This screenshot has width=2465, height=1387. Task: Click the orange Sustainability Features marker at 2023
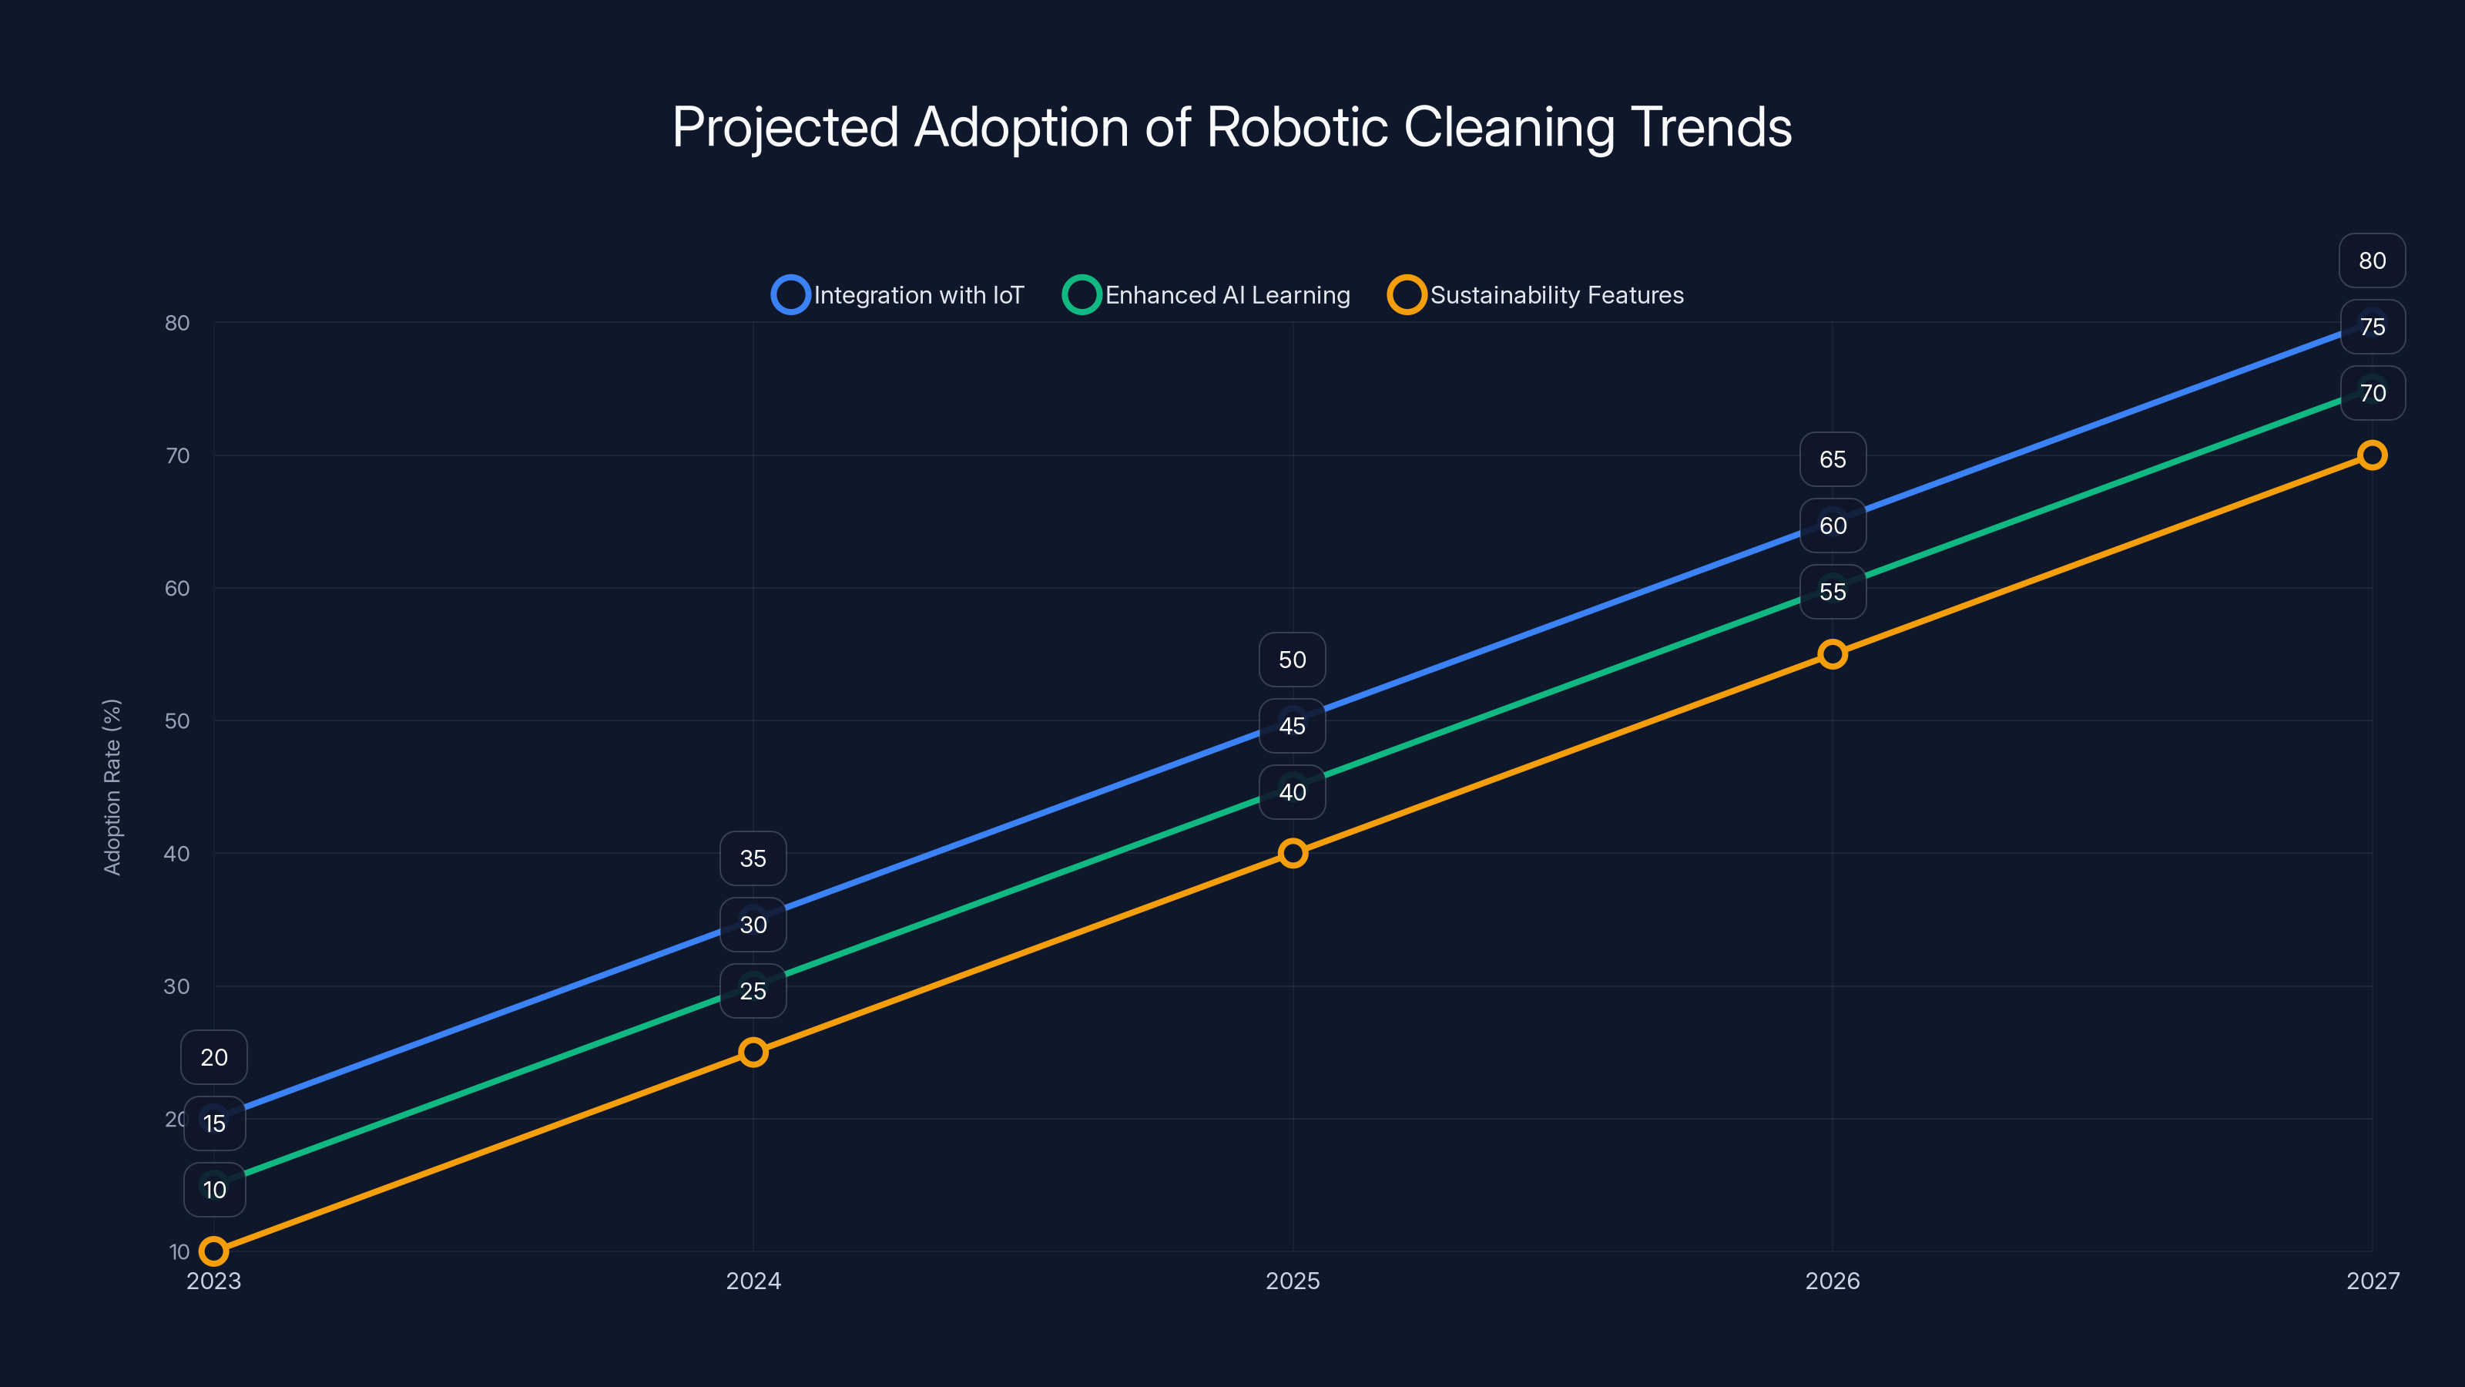click(213, 1251)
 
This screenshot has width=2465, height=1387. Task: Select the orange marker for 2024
click(753, 1052)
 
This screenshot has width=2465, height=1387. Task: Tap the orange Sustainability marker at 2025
click(1293, 853)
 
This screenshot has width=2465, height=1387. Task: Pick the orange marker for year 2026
click(1833, 653)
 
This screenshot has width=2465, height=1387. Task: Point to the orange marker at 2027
click(2373, 455)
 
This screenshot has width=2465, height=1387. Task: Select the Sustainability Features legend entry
click(1536, 295)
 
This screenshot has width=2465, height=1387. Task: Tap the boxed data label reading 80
click(2373, 260)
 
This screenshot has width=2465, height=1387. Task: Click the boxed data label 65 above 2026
click(1833, 459)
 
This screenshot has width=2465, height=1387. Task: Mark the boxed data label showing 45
click(1292, 726)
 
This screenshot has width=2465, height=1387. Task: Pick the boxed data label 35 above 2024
click(753, 858)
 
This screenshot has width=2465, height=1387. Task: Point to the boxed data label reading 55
click(1833, 592)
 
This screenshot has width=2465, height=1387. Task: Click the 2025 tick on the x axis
click(1293, 1281)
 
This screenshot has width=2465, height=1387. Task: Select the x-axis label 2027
click(2373, 1281)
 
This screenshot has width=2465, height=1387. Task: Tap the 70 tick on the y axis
click(177, 455)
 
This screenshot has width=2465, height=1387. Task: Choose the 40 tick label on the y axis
click(177, 854)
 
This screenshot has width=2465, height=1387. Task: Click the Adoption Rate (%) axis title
click(112, 787)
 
